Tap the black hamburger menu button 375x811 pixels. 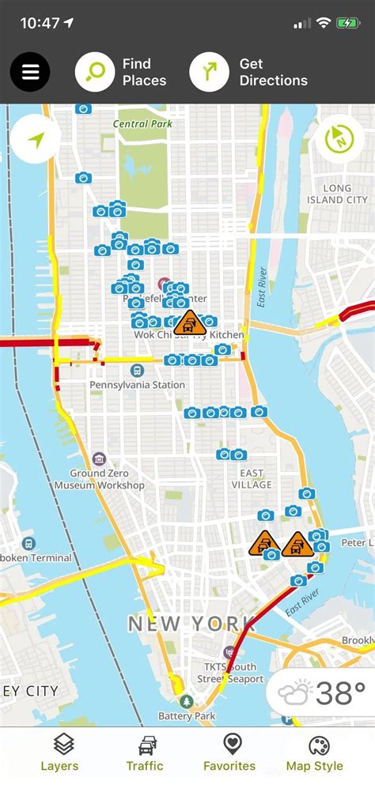point(30,73)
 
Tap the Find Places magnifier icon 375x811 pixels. point(95,73)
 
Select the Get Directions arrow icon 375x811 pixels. point(210,73)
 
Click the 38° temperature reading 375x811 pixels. point(340,693)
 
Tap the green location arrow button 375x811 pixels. point(36,139)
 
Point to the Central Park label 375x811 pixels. point(142,124)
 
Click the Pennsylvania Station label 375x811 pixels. point(137,385)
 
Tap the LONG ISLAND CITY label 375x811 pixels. point(337,194)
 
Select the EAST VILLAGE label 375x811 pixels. point(252,479)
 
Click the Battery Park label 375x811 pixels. point(187,716)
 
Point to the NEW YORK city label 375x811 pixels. point(191,624)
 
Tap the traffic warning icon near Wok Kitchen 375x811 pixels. point(190,323)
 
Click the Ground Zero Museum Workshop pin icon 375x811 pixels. point(99,459)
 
